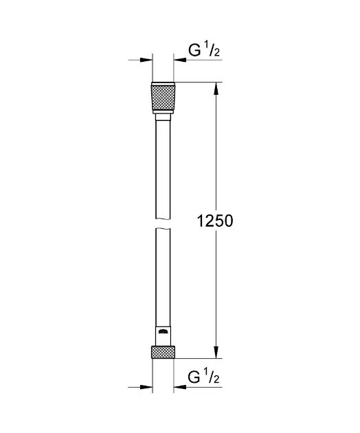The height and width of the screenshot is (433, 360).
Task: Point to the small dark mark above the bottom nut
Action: [162, 332]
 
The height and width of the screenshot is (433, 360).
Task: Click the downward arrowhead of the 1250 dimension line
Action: [216, 353]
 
